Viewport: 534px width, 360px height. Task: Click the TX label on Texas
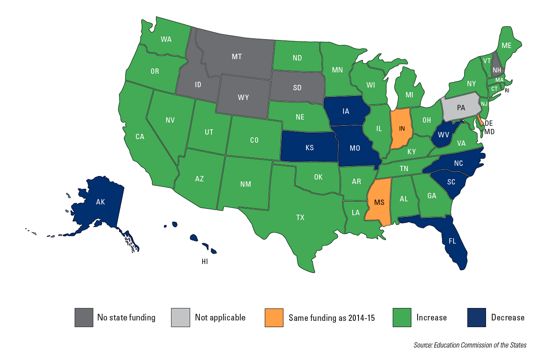click(x=300, y=217)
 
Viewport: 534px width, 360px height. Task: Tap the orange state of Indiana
click(x=402, y=128)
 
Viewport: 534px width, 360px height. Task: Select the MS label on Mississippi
click(x=379, y=202)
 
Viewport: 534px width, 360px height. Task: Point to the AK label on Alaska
click(x=100, y=201)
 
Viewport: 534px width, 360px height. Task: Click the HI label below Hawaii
click(x=204, y=262)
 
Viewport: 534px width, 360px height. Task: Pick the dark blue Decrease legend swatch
click(x=477, y=317)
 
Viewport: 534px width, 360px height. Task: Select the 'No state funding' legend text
click(x=126, y=317)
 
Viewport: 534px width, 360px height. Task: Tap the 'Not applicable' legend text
click(x=220, y=317)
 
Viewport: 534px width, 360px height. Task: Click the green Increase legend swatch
click(x=402, y=317)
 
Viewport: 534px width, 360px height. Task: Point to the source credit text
click(x=470, y=345)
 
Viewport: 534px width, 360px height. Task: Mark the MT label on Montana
click(x=237, y=57)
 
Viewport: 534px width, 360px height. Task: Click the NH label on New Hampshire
click(x=497, y=70)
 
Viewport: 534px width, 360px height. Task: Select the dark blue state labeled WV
click(x=442, y=134)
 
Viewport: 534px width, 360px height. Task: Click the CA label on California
click(x=140, y=137)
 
